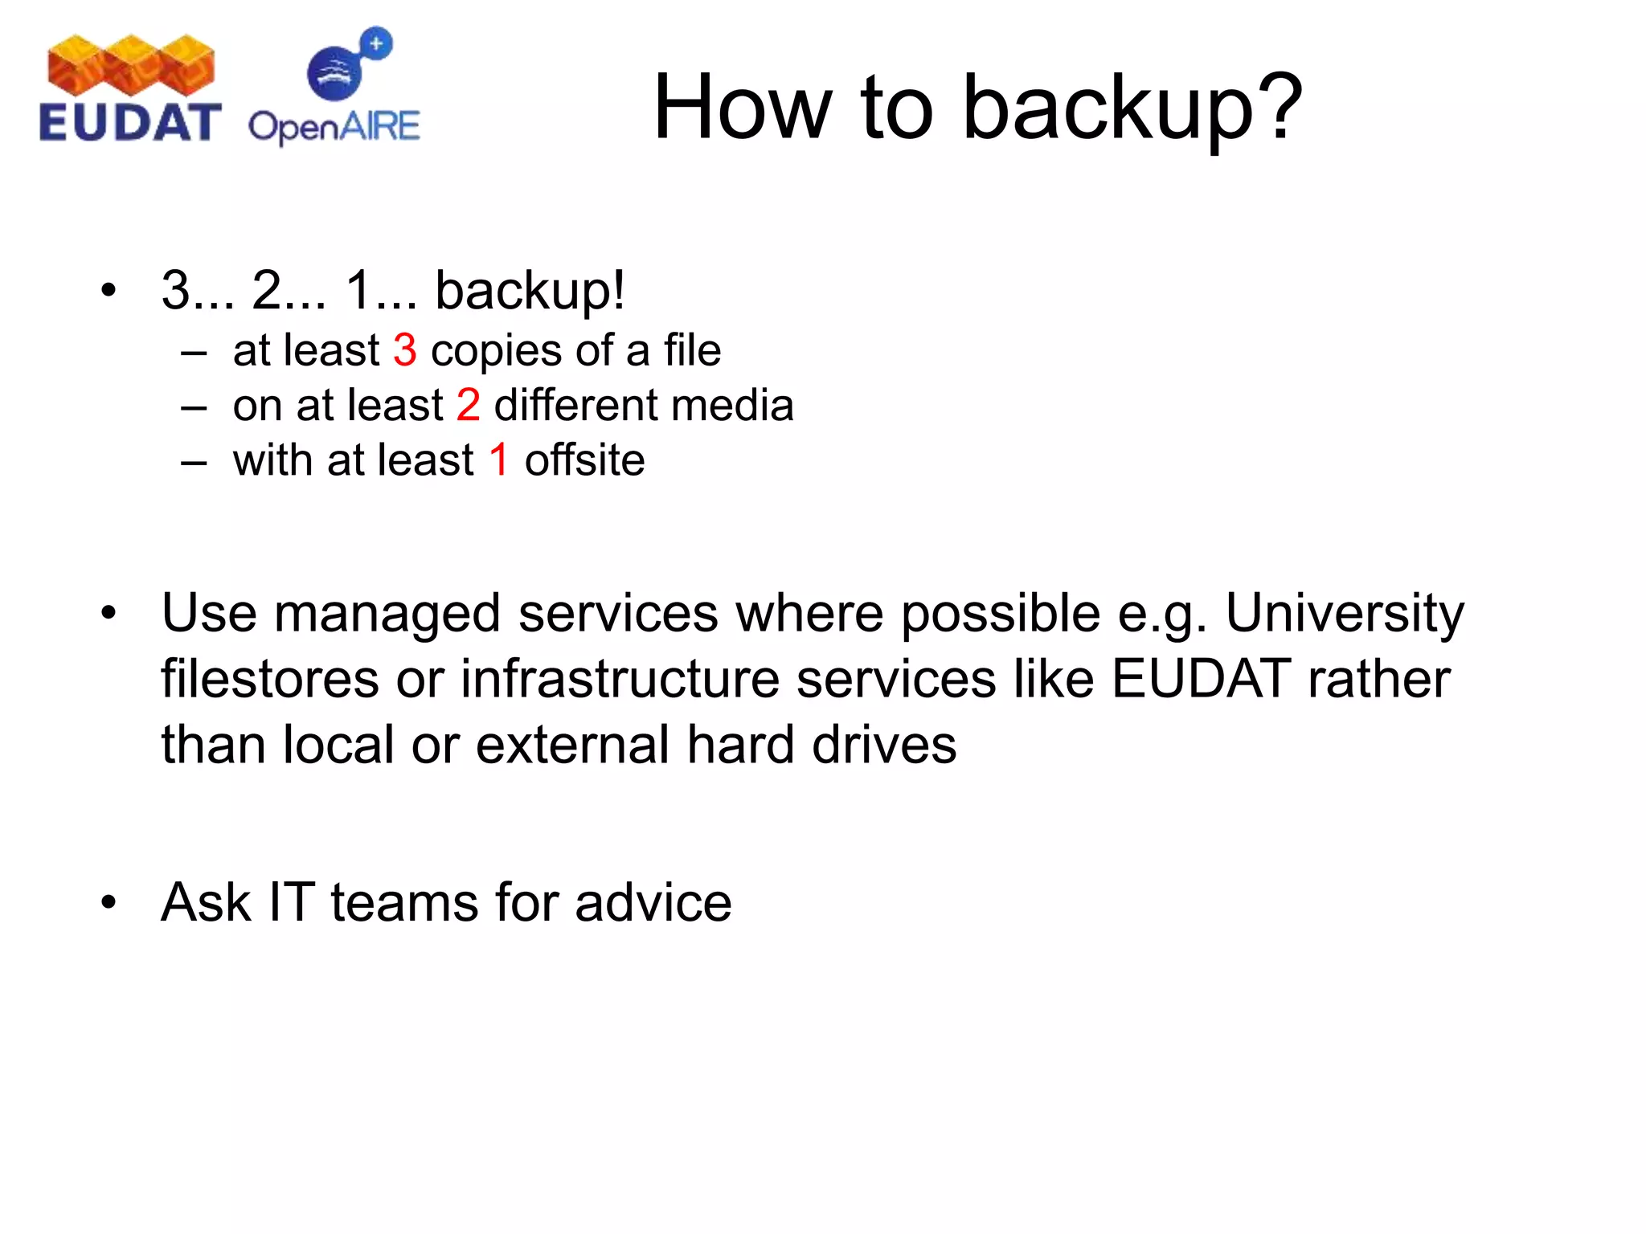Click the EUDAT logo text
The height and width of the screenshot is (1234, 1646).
(129, 123)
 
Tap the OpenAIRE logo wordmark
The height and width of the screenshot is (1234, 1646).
(334, 127)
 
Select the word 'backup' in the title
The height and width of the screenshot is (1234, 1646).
(1107, 108)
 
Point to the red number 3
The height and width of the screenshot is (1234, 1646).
(404, 350)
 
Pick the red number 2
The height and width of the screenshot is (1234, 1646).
(468, 405)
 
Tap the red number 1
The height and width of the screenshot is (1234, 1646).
(499, 460)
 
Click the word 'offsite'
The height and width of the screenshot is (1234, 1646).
(584, 460)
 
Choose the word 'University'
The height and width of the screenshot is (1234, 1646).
(1344, 615)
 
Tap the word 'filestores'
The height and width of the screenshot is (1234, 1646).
(269, 679)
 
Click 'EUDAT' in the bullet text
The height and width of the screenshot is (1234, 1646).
(1201, 679)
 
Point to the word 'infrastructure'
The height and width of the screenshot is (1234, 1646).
(620, 679)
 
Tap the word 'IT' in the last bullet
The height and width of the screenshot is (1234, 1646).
(290, 902)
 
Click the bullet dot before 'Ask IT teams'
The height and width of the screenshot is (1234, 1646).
(109, 903)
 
